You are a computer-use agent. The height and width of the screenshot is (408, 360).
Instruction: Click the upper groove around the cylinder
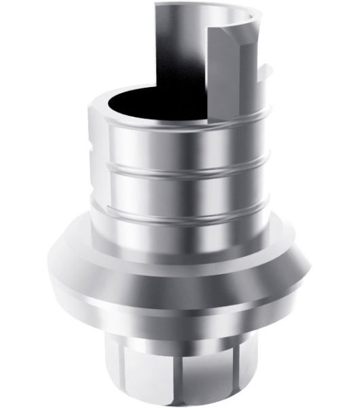[x=180, y=164]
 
